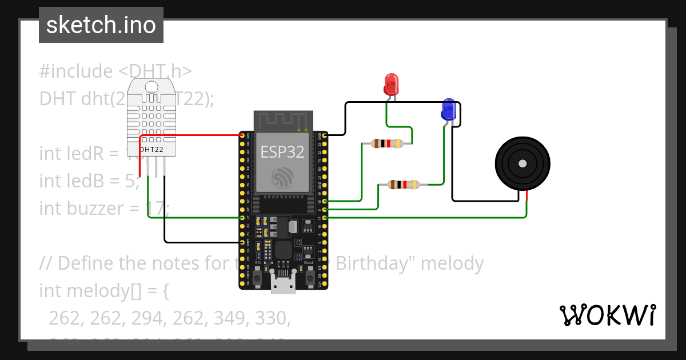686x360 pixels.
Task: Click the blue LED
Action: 448,109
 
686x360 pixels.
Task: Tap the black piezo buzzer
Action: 522,164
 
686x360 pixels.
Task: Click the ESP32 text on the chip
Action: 283,151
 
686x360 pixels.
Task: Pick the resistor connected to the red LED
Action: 386,143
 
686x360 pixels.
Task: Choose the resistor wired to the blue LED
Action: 403,185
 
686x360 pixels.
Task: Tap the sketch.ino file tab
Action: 101,25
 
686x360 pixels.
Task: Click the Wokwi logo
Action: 607,315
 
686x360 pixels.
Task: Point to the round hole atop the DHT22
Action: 151,87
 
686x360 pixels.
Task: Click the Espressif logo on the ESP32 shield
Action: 283,178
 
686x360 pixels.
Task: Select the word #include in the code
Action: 76,71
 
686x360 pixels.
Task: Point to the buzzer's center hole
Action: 522,164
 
